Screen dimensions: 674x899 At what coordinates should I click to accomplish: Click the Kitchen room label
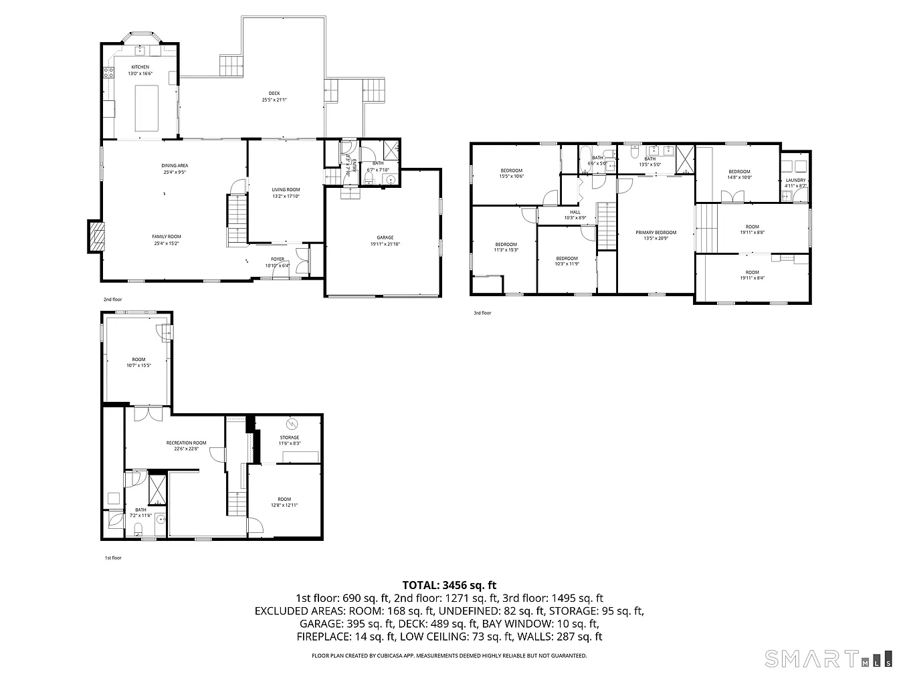tap(140, 67)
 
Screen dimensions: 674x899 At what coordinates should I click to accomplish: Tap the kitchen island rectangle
tap(146, 108)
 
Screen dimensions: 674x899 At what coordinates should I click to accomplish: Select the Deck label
tap(274, 94)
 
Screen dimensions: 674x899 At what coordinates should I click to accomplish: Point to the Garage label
tap(385, 237)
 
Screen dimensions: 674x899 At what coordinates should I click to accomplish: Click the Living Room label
tap(286, 190)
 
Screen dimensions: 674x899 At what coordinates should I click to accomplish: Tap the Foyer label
tap(277, 259)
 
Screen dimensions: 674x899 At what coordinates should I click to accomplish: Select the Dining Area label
tap(175, 166)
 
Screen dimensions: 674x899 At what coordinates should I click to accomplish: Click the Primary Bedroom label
tap(656, 233)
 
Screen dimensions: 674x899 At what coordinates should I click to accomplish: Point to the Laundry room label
tap(795, 181)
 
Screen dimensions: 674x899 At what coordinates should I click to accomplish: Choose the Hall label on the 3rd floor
tap(575, 212)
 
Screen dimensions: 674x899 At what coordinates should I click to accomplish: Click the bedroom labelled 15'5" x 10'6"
tap(511, 171)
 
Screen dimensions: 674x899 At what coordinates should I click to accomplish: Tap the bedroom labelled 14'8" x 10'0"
tap(739, 172)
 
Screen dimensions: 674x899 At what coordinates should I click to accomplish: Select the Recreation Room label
tap(186, 443)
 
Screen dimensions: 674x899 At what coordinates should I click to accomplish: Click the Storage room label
tap(290, 438)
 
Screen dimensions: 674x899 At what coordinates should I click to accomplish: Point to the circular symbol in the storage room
tap(291, 424)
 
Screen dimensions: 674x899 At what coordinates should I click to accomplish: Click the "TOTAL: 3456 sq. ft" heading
tap(449, 585)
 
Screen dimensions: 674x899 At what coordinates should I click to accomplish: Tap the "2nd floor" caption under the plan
tap(112, 300)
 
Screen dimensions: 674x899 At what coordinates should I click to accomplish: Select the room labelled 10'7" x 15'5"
tap(138, 360)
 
